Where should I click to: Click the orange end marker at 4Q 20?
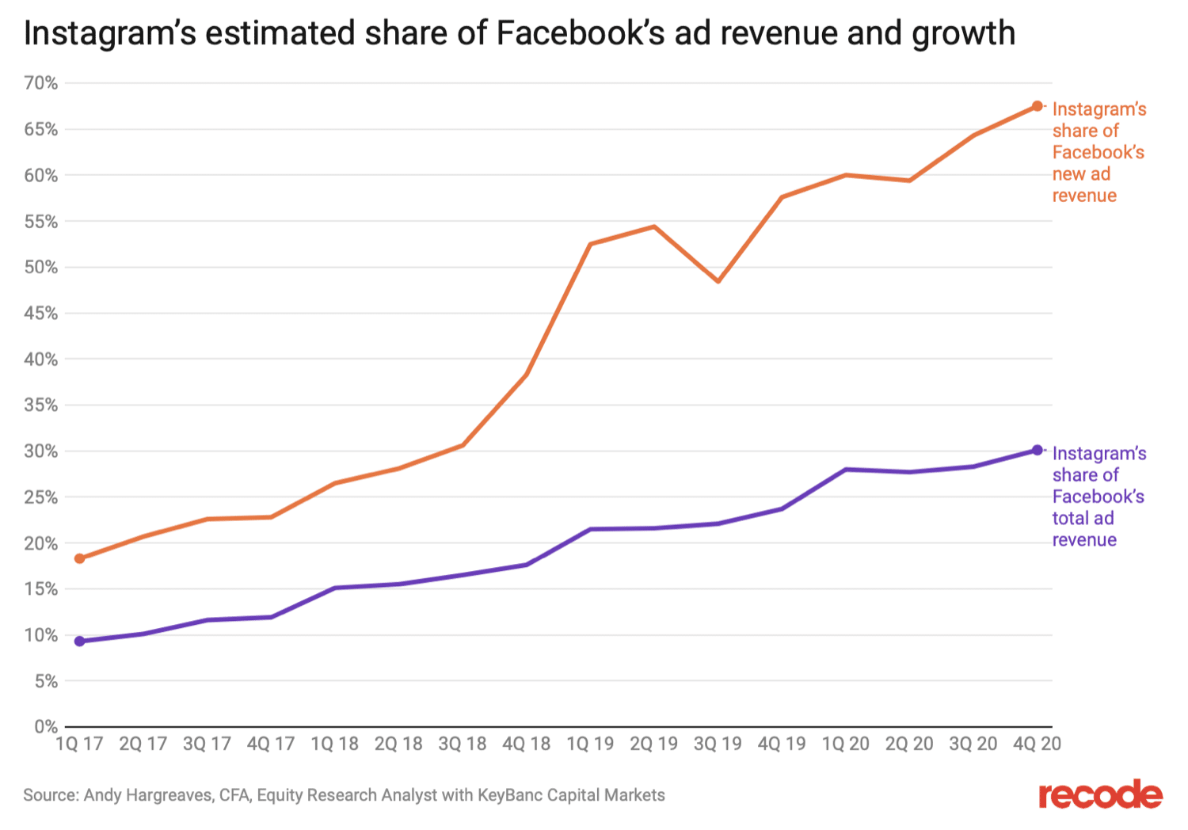tap(1037, 106)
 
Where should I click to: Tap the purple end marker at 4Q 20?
tap(1037, 450)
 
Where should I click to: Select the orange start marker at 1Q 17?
tap(79, 558)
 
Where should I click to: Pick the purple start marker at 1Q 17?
tap(79, 641)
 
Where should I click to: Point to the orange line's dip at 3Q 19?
tap(718, 281)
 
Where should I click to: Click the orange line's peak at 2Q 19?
tap(654, 227)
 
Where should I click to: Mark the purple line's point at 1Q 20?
tap(846, 470)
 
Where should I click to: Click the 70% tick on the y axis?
tap(41, 83)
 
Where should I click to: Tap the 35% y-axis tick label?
tap(41, 405)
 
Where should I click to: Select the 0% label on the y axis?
tap(45, 726)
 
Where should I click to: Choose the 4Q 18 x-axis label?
tap(526, 744)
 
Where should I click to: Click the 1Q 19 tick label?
tap(590, 744)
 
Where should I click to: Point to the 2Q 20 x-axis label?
tap(909, 744)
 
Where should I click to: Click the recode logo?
tap(1100, 794)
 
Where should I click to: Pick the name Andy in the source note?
tap(102, 795)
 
